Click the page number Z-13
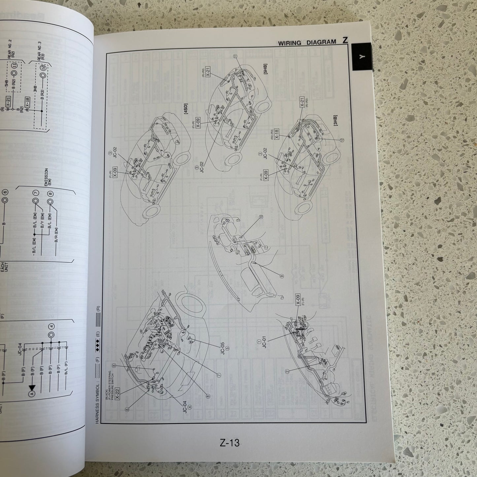click(x=229, y=442)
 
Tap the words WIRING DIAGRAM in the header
click(x=307, y=43)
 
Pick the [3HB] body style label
click(x=335, y=122)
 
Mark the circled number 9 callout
click(x=282, y=276)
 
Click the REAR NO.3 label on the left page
click(x=41, y=60)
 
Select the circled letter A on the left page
click(x=32, y=393)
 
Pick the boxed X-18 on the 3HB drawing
click(x=277, y=134)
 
